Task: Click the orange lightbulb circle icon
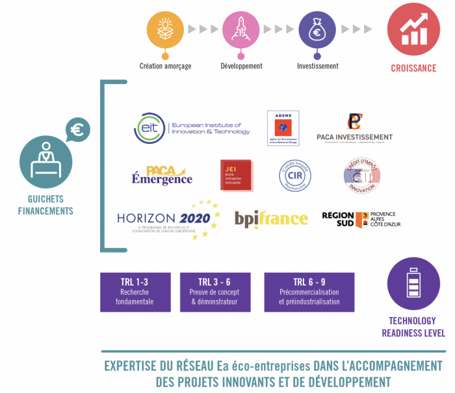pos(165,29)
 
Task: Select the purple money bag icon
pos(317,29)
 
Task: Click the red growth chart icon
pos(413,29)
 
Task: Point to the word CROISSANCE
pos(413,68)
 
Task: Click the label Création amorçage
pos(165,66)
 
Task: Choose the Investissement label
pos(317,66)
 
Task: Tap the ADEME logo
pos(283,128)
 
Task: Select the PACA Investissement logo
pos(354,128)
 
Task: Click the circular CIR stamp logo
pos(295,175)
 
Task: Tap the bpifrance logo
pos(271,219)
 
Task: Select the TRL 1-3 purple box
pos(135,292)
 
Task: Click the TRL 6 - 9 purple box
pos(309,292)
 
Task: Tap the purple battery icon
pos(413,284)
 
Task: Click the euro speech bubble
pos(77,130)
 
